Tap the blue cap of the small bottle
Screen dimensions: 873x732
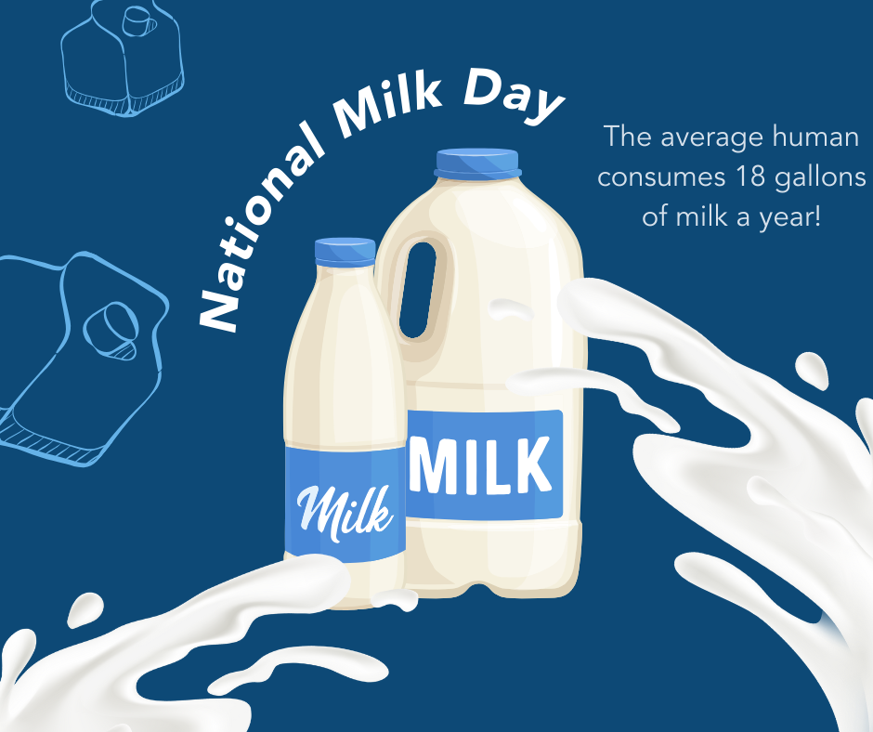tap(345, 253)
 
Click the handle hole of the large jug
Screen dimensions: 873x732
tap(419, 290)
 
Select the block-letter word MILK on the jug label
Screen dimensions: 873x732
tap(481, 465)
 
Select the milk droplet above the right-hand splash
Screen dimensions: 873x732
tap(813, 370)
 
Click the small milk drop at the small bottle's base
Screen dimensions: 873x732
tap(395, 599)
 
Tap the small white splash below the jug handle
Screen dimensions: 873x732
tap(511, 309)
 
